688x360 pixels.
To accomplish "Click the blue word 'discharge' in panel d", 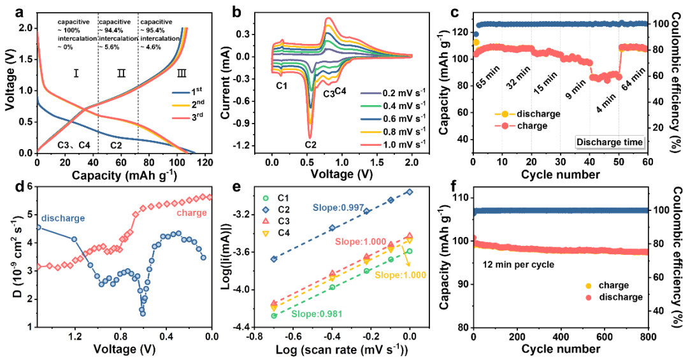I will tap(63, 218).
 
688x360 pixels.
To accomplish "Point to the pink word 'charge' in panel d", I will tap(191, 213).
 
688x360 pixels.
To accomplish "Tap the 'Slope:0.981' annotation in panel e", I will tap(312, 313).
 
